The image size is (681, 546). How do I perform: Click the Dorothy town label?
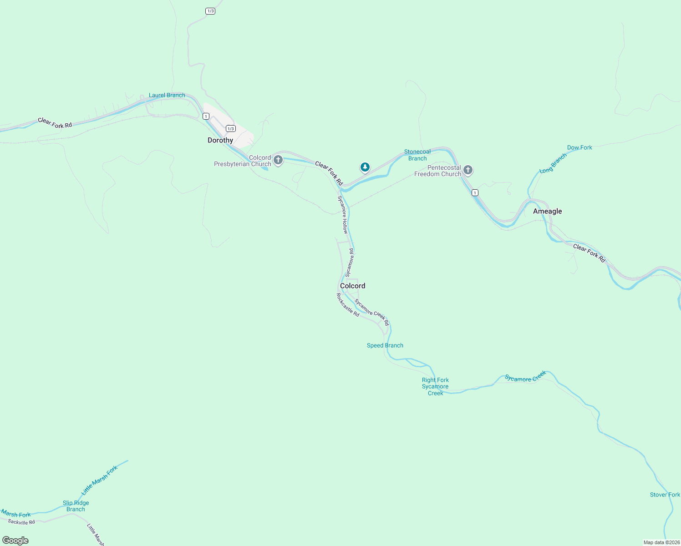pos(220,140)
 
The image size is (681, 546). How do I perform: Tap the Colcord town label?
pos(352,286)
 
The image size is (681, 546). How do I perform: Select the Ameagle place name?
pos(547,211)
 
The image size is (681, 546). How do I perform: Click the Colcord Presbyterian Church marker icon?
pos(278,160)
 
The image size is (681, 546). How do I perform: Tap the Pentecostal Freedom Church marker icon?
pos(468,170)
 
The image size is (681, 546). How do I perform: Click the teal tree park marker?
pos(365,167)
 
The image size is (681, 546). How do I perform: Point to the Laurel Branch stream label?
pos(167,95)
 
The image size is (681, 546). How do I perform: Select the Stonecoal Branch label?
pos(417,155)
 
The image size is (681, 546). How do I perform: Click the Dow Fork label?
pos(579,147)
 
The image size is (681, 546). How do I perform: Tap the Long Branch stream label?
pos(553,163)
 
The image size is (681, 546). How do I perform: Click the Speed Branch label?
pos(385,345)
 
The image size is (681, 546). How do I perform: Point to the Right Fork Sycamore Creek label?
pos(435,386)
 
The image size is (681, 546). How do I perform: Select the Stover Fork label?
pos(665,495)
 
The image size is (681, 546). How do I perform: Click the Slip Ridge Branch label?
pos(76,506)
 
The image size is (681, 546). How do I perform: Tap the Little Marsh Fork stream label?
pos(100,480)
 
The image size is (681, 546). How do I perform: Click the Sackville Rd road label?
pos(21,522)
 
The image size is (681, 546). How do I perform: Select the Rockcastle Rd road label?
pos(348,305)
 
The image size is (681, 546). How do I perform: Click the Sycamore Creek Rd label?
pos(372,312)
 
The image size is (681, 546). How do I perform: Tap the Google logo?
pos(15,541)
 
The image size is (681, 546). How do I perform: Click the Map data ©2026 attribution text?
pos(661,542)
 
